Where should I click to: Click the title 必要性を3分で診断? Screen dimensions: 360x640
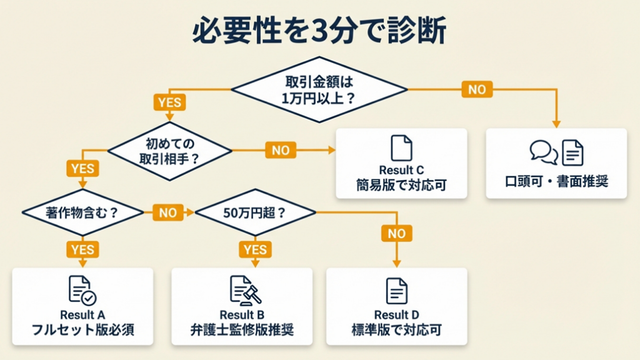[319, 31]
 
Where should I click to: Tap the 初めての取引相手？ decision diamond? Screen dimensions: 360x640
[169, 151]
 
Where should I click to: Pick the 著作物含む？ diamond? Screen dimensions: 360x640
[83, 212]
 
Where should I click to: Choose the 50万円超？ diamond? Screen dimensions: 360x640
[255, 212]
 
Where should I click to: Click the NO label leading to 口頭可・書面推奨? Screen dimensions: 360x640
[476, 90]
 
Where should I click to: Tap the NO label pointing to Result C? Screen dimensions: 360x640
[281, 151]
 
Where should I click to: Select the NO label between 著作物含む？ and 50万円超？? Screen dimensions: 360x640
[167, 212]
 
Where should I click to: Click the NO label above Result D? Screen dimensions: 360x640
[396, 233]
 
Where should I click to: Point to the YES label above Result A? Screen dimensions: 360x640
[83, 249]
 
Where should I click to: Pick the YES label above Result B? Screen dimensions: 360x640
[255, 249]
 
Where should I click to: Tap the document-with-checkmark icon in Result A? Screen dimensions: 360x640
[82, 290]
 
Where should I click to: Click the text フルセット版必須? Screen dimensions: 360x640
[83, 330]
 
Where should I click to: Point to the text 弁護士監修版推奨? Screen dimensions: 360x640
[242, 330]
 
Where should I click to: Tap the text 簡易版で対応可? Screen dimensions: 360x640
[401, 185]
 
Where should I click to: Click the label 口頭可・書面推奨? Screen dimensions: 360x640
[556, 182]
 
